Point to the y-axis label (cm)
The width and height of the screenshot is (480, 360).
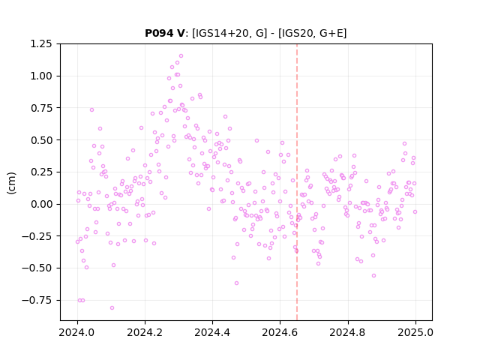[11, 183]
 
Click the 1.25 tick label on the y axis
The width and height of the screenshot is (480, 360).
[41, 43]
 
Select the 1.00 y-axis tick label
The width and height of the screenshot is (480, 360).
[41, 76]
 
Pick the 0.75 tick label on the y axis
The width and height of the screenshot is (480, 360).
[41, 108]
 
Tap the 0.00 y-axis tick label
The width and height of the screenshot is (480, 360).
[41, 204]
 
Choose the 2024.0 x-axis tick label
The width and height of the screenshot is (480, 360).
[77, 332]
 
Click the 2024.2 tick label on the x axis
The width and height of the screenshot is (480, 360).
[145, 332]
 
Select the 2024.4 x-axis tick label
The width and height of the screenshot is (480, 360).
[212, 332]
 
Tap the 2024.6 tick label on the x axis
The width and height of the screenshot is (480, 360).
[280, 332]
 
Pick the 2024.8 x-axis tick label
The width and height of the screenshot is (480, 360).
[348, 332]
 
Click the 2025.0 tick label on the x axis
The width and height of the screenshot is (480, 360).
[415, 332]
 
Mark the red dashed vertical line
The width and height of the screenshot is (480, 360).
[297, 182]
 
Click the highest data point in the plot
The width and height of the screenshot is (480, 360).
[181, 56]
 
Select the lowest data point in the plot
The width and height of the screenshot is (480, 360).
[112, 308]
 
